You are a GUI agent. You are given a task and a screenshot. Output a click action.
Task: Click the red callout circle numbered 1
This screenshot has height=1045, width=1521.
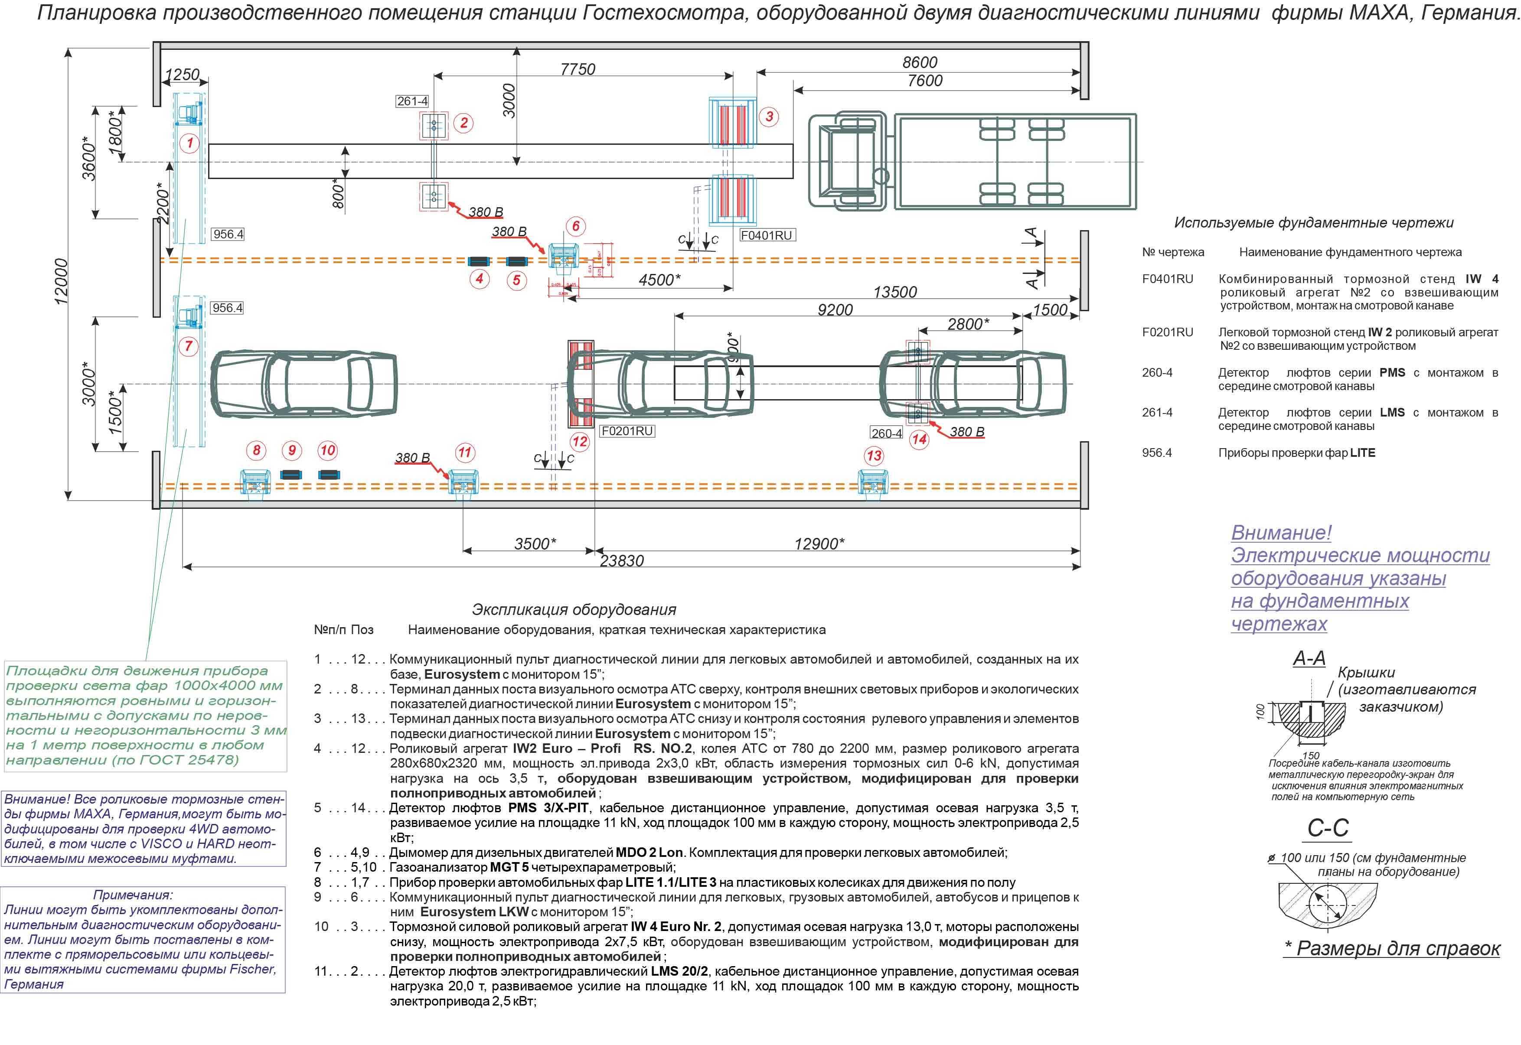click(x=189, y=143)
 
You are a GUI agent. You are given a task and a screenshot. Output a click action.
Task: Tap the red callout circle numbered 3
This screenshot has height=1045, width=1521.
click(x=769, y=117)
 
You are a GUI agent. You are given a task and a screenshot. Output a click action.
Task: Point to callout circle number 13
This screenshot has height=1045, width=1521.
click(x=874, y=456)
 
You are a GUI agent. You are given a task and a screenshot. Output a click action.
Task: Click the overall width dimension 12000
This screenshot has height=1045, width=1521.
click(x=61, y=282)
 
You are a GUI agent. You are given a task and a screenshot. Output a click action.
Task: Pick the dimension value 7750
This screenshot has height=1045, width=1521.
click(x=578, y=69)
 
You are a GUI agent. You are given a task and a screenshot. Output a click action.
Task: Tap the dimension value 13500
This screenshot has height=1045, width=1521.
click(x=895, y=292)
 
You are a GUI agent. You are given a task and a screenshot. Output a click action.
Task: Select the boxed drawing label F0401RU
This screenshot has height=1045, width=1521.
click(x=767, y=235)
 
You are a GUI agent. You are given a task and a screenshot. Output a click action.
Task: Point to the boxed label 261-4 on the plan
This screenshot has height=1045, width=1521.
click(x=412, y=101)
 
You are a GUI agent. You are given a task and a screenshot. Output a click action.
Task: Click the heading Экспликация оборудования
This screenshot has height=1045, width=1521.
click(x=574, y=609)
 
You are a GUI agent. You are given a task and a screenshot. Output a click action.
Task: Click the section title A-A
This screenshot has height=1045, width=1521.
click(x=1309, y=658)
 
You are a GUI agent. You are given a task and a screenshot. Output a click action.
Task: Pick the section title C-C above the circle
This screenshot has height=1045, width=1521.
click(x=1328, y=828)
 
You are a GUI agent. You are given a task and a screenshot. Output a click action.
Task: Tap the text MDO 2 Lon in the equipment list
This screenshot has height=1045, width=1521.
click(x=649, y=853)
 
